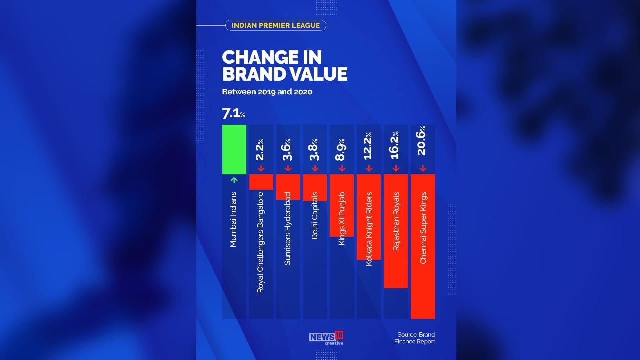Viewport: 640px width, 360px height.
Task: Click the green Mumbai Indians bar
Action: point(234,149)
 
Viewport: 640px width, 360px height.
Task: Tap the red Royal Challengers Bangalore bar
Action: point(261,182)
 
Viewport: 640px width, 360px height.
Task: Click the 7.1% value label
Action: point(233,114)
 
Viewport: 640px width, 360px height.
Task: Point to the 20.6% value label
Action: point(423,141)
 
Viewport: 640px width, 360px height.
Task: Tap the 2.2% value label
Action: point(261,149)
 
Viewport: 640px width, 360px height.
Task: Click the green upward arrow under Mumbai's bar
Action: point(234,180)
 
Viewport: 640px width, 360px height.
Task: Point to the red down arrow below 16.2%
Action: point(396,169)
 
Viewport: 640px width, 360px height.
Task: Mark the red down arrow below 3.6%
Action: point(288,169)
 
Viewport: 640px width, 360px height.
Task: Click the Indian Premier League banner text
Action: point(276,25)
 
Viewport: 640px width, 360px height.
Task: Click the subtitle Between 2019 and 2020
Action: point(267,92)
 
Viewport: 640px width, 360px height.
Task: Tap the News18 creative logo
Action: point(326,338)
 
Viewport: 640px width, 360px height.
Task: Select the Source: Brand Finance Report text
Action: point(415,338)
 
